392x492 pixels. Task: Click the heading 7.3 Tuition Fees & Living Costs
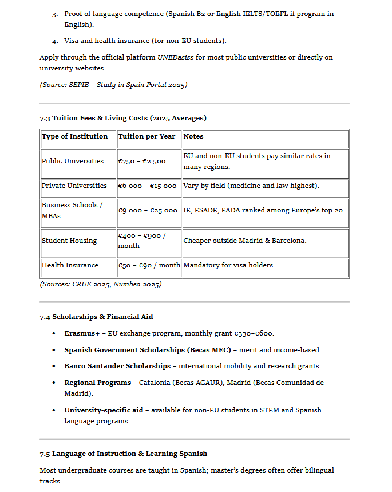[123, 118]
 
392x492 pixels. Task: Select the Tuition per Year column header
[146, 136]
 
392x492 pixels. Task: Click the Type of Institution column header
[74, 136]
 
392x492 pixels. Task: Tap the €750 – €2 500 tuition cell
[142, 162]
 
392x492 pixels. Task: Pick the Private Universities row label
[74, 186]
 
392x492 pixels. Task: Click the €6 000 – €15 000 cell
[148, 186]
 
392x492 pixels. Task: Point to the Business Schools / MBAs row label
[72, 210]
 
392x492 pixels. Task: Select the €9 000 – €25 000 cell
[148, 211]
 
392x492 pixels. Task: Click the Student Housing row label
[69, 241]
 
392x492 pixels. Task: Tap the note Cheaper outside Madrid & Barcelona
[245, 241]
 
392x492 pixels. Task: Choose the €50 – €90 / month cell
[149, 265]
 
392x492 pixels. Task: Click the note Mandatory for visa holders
[229, 265]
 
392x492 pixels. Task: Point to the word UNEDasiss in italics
[176, 57]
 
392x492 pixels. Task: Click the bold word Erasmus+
[82, 333]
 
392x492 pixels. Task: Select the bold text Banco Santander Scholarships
[117, 366]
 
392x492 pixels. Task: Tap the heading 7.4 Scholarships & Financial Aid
[96, 317]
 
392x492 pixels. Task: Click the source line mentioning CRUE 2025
[101, 284]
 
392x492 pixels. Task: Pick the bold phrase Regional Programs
[97, 383]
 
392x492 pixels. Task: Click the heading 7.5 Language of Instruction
[124, 454]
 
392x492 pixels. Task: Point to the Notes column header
[193, 136]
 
